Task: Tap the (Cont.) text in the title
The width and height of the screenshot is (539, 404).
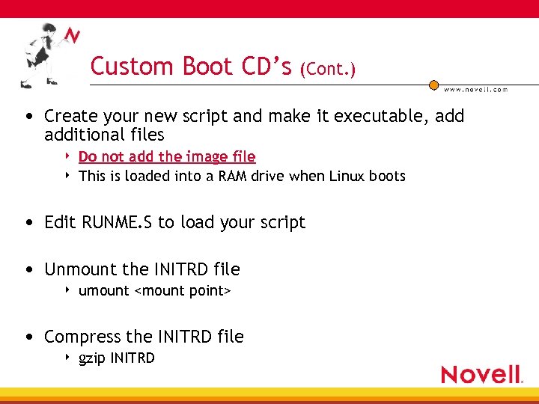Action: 328,69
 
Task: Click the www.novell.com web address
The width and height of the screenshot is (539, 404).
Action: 475,90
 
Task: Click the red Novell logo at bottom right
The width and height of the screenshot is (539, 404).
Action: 481,374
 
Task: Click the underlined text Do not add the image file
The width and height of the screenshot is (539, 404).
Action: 167,156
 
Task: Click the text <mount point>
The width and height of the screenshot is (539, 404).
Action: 182,290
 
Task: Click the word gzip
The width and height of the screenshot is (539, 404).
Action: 92,358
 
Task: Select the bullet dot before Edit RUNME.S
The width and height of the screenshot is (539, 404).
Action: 28,223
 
